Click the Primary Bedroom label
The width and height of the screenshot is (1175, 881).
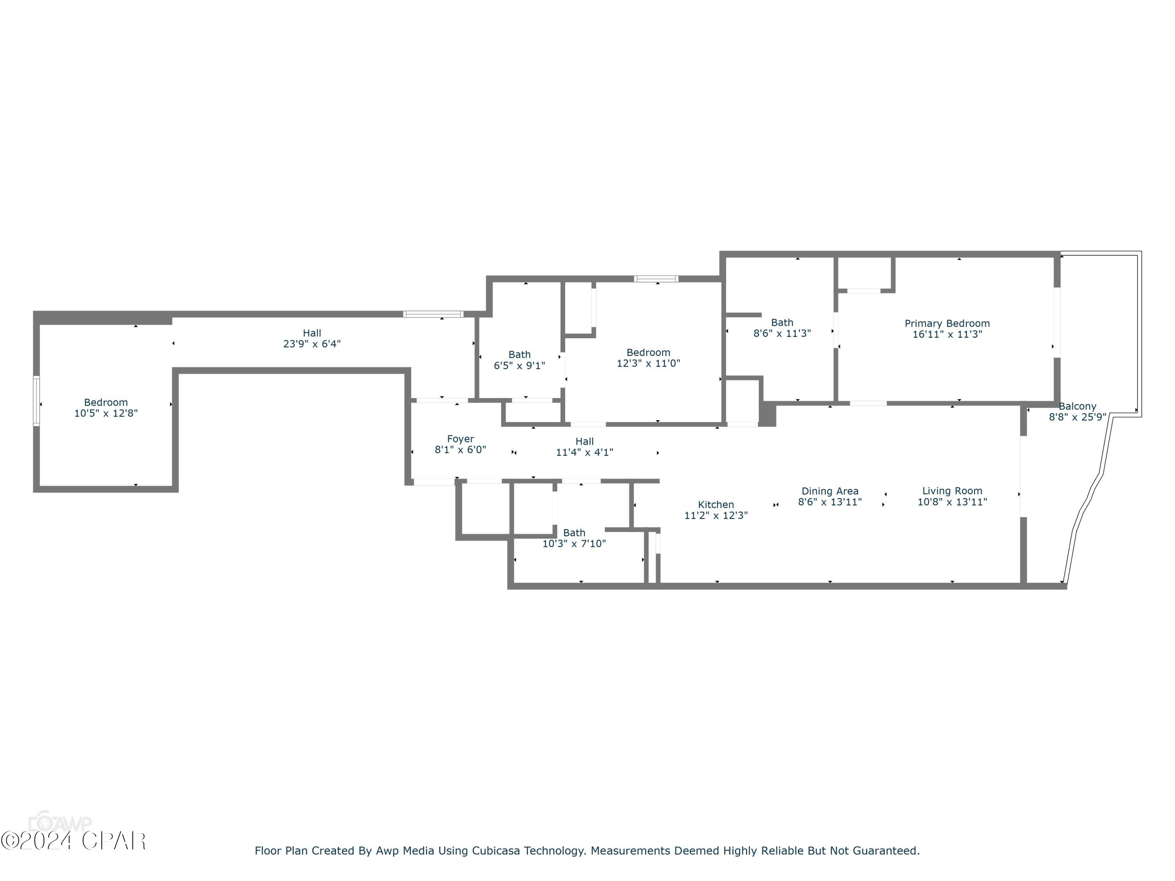[x=947, y=323]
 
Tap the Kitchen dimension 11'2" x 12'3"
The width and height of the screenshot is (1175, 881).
[x=716, y=515]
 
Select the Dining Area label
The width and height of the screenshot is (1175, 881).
[x=830, y=491]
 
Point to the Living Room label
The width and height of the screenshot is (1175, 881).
[x=952, y=491]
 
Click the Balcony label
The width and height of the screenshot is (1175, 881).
[x=1077, y=406]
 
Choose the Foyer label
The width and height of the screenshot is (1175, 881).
[x=460, y=439]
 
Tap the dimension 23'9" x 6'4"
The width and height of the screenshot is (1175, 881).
[x=312, y=343]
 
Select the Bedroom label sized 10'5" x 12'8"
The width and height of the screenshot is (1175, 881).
[x=106, y=403]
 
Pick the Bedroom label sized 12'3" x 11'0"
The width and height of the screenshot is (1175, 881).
[x=648, y=353]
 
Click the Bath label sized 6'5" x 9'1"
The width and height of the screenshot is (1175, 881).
[x=519, y=355]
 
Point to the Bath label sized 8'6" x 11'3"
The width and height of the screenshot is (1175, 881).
[x=782, y=322]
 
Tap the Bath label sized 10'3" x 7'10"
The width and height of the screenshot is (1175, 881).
[x=574, y=533]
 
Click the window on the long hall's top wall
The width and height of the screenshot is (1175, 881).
[x=433, y=314]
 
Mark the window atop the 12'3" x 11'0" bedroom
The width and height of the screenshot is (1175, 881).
[x=656, y=279]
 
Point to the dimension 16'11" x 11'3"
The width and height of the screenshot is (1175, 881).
[x=947, y=334]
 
